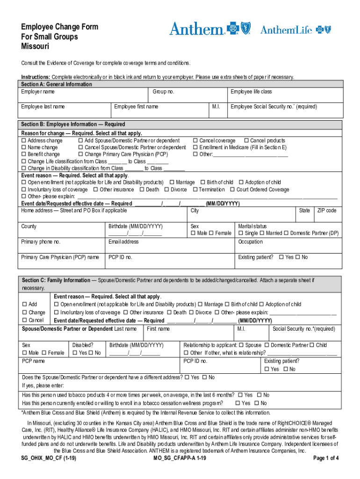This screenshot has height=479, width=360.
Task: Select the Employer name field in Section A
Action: [x=84, y=95]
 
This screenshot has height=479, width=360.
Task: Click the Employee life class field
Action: [x=285, y=95]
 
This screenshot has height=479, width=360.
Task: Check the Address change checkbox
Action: [x=24, y=141]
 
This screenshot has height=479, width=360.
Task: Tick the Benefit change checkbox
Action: [x=24, y=154]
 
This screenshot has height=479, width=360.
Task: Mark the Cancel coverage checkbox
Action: [x=195, y=141]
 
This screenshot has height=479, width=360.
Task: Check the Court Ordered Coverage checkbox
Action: [x=232, y=190]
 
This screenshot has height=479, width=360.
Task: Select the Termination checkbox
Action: [x=195, y=190]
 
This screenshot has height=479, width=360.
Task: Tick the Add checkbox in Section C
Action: [x=24, y=305]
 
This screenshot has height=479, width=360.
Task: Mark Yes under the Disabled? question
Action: [x=75, y=353]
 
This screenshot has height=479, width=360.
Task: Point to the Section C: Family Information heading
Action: [x=56, y=281]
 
